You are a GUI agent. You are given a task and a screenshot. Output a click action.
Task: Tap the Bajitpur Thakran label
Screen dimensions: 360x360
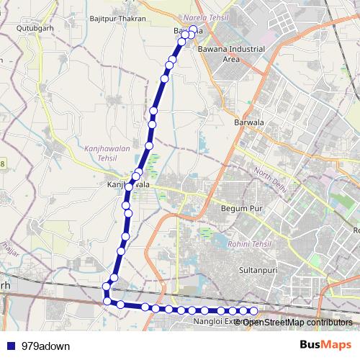[118, 19]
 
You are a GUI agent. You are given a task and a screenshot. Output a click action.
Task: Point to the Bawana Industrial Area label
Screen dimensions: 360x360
[231, 54]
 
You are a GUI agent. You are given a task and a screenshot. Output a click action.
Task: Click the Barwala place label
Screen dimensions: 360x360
[249, 122]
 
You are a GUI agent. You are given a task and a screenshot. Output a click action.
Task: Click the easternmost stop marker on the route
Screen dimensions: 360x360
[253, 310]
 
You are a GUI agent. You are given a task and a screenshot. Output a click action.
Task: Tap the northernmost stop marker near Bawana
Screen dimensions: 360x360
[193, 30]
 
